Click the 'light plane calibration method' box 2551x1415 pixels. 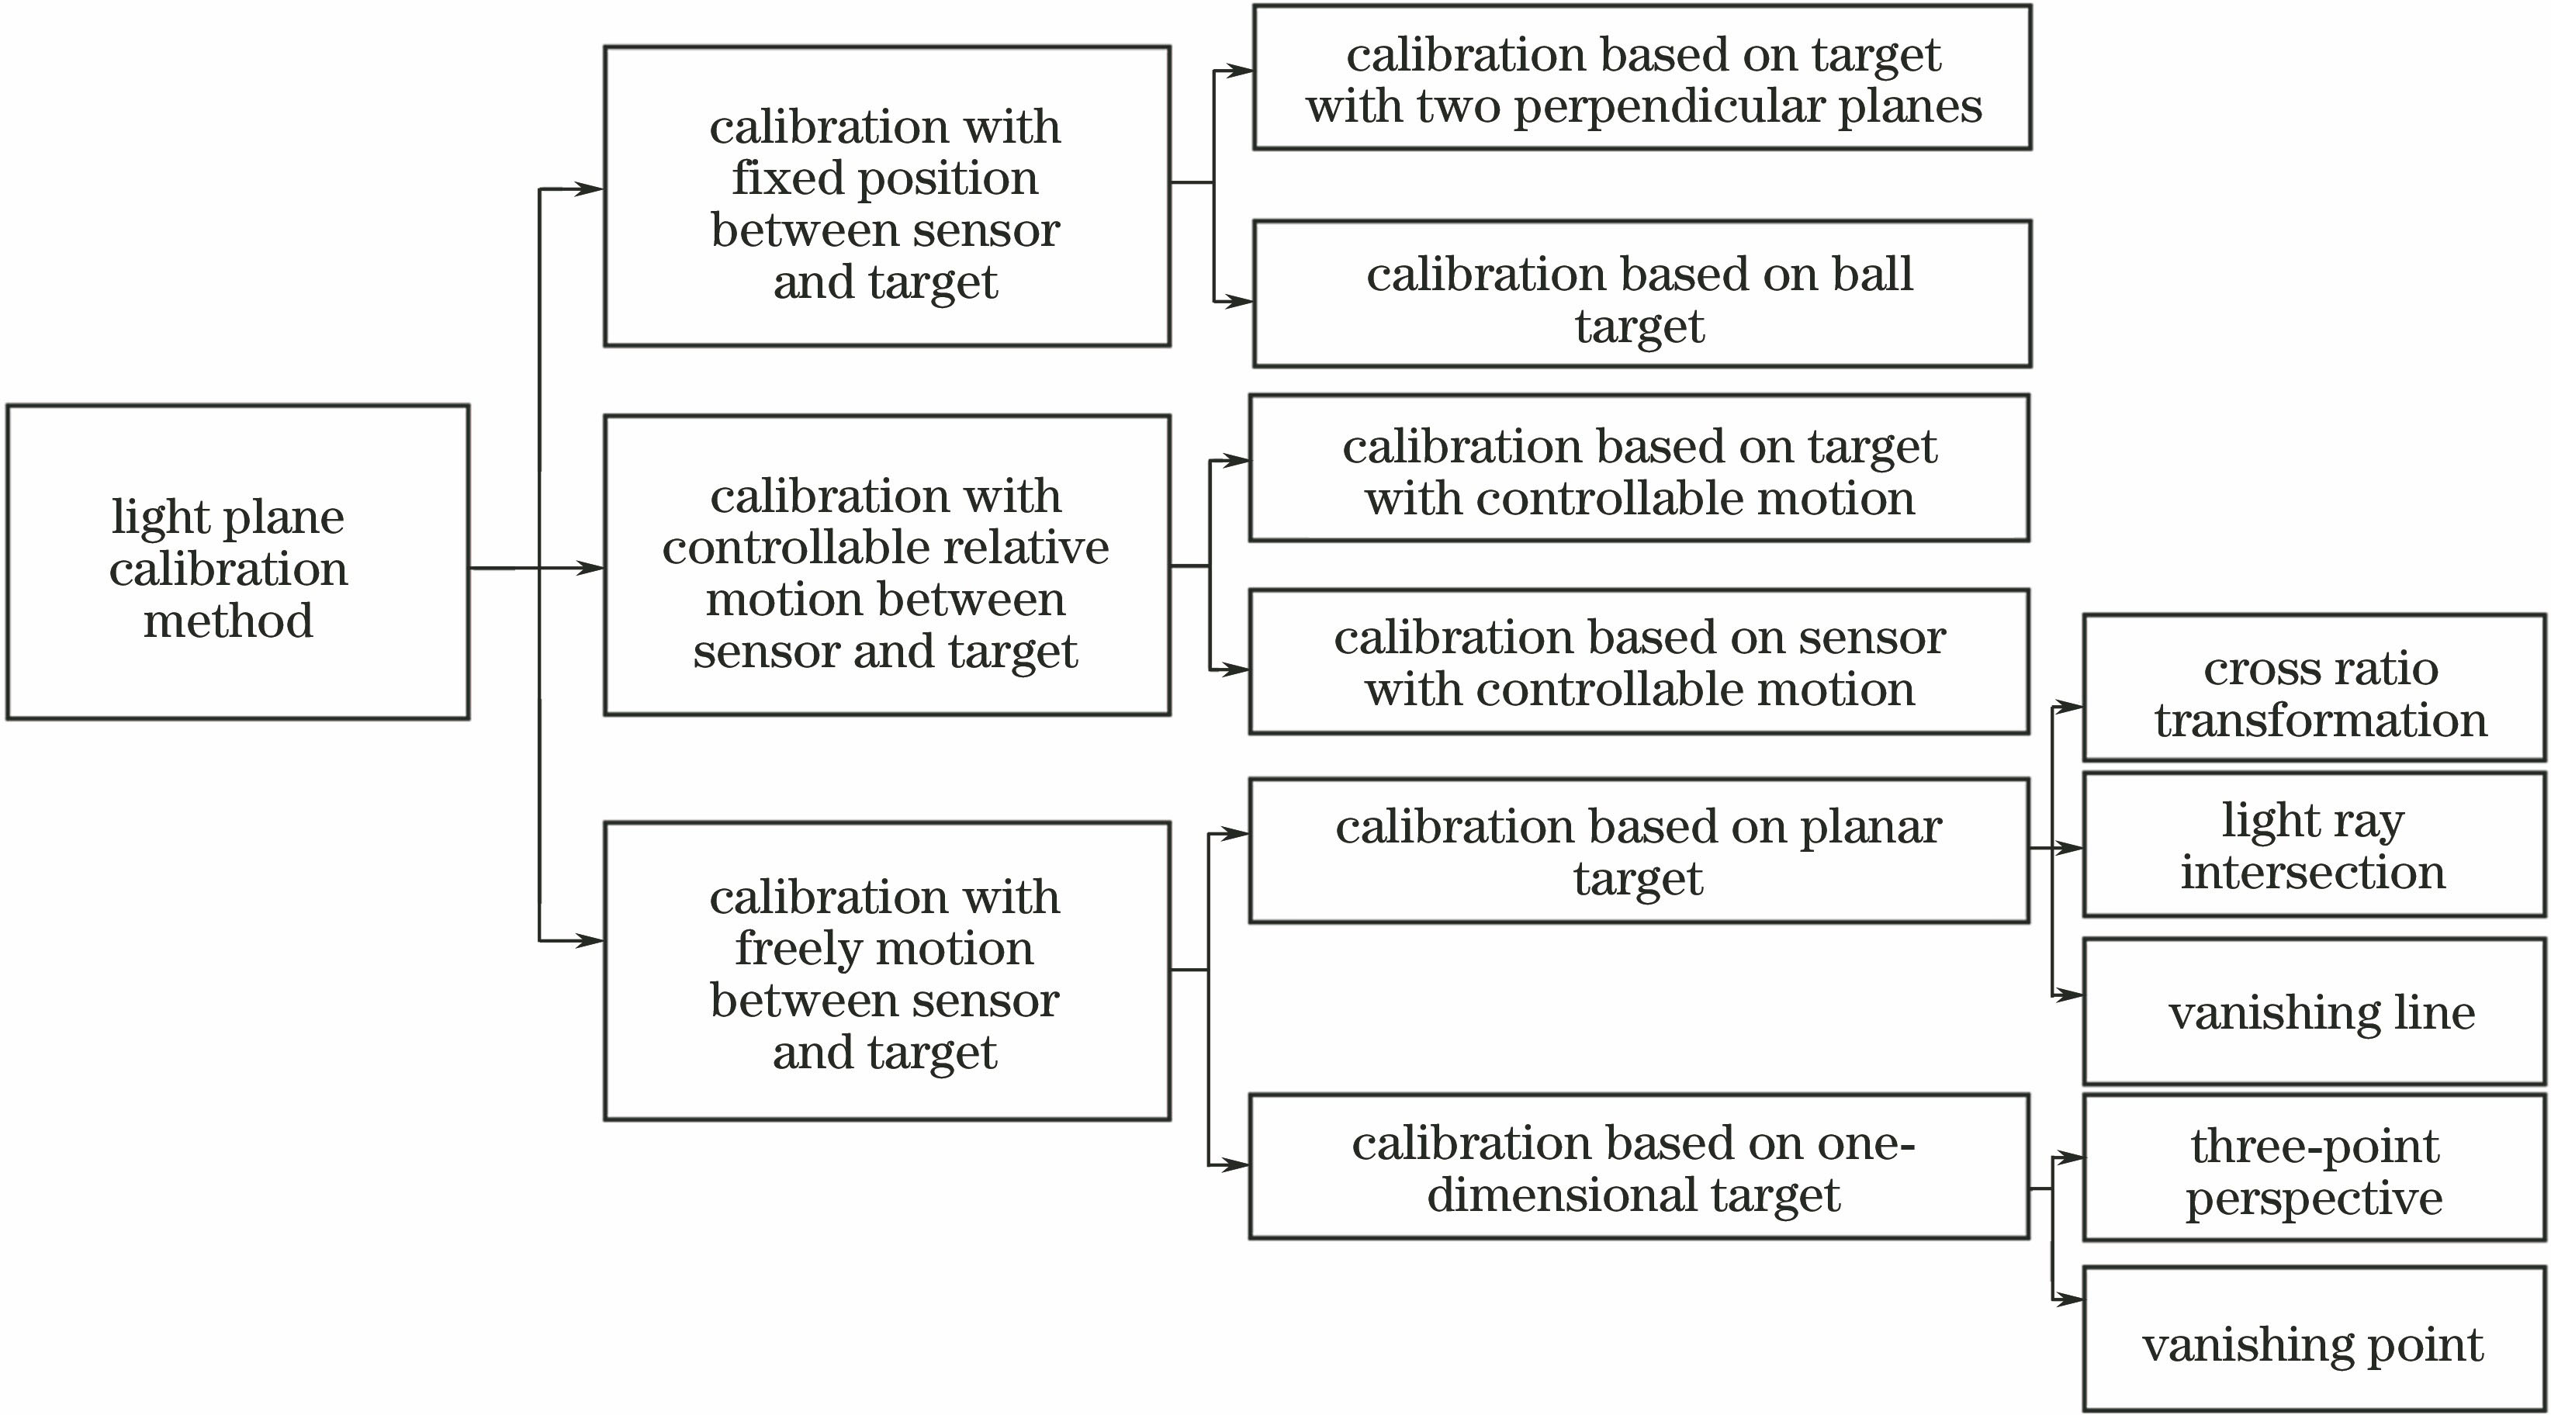click(x=237, y=562)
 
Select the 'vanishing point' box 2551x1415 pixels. click(x=2314, y=1344)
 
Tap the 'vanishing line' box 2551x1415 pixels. click(x=2314, y=1012)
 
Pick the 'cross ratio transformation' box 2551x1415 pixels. click(x=2314, y=688)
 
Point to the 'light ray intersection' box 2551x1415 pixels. click(x=2314, y=845)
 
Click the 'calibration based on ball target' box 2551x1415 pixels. click(x=1642, y=294)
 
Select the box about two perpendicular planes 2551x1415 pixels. click(x=1642, y=78)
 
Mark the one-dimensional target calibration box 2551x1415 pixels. click(x=1639, y=1167)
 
